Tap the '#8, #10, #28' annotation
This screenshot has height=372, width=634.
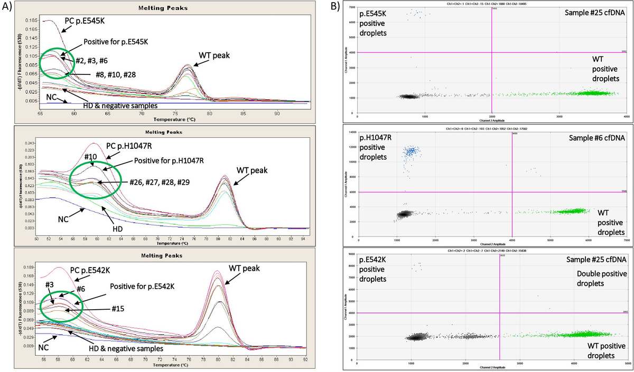pos(116,74)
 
